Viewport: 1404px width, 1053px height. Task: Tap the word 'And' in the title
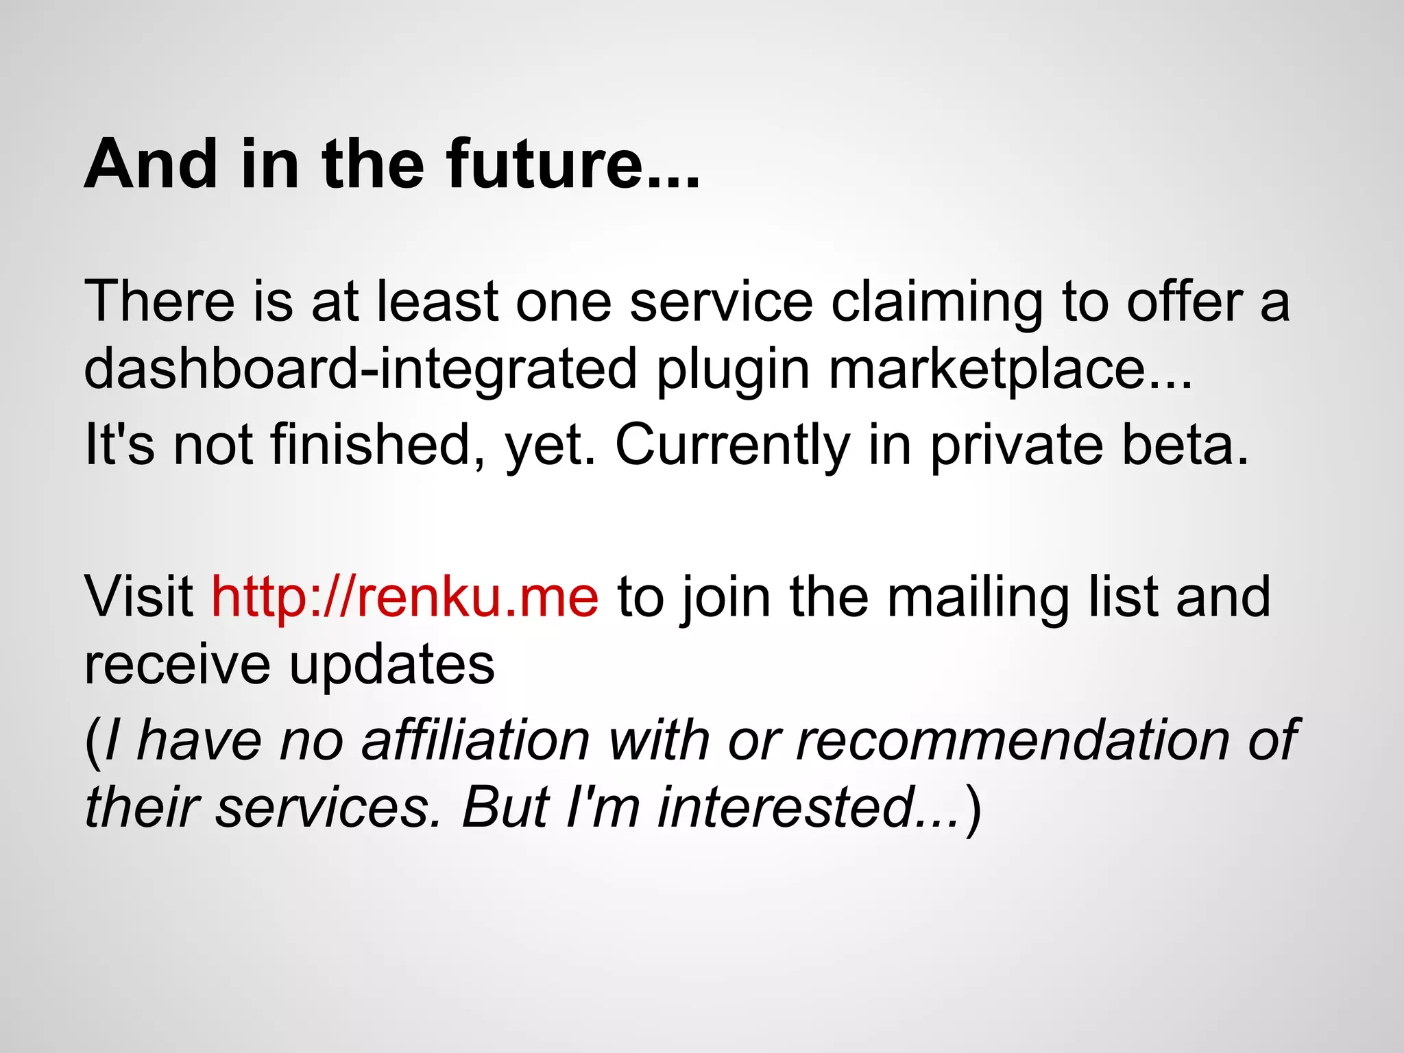pos(151,165)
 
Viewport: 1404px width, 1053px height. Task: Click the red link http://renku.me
pos(404,596)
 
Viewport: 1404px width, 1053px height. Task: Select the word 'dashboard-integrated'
pos(361,369)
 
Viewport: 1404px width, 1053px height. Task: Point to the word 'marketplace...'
pos(1010,369)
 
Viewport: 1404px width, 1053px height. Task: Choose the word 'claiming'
pos(936,303)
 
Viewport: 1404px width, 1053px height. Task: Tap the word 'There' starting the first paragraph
pos(159,302)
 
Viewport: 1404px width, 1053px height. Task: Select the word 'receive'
pos(177,665)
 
